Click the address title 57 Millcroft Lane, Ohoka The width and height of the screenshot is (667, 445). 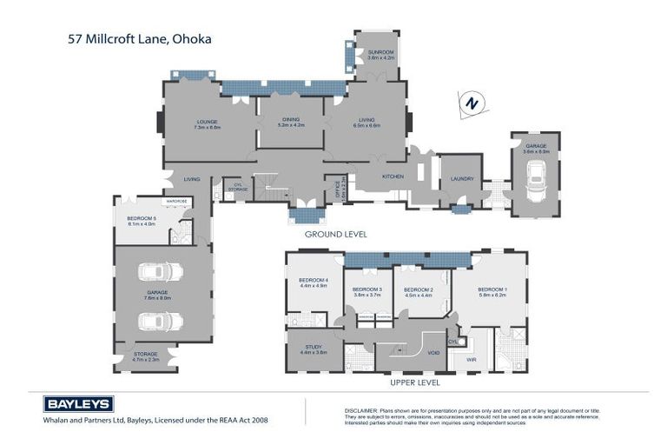tap(140, 38)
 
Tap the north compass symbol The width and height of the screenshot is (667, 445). tap(472, 103)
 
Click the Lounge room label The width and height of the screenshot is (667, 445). tap(207, 123)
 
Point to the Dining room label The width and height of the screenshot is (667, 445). tap(291, 123)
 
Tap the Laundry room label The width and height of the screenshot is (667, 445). tap(461, 179)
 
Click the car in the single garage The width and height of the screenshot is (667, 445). tap(536, 181)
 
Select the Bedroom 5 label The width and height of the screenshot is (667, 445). tap(142, 220)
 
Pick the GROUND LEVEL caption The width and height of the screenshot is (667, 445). tap(335, 234)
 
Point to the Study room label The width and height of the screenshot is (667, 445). tap(313, 349)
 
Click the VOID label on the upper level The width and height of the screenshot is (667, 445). tap(433, 353)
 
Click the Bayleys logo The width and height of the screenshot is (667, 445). tap(78, 404)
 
